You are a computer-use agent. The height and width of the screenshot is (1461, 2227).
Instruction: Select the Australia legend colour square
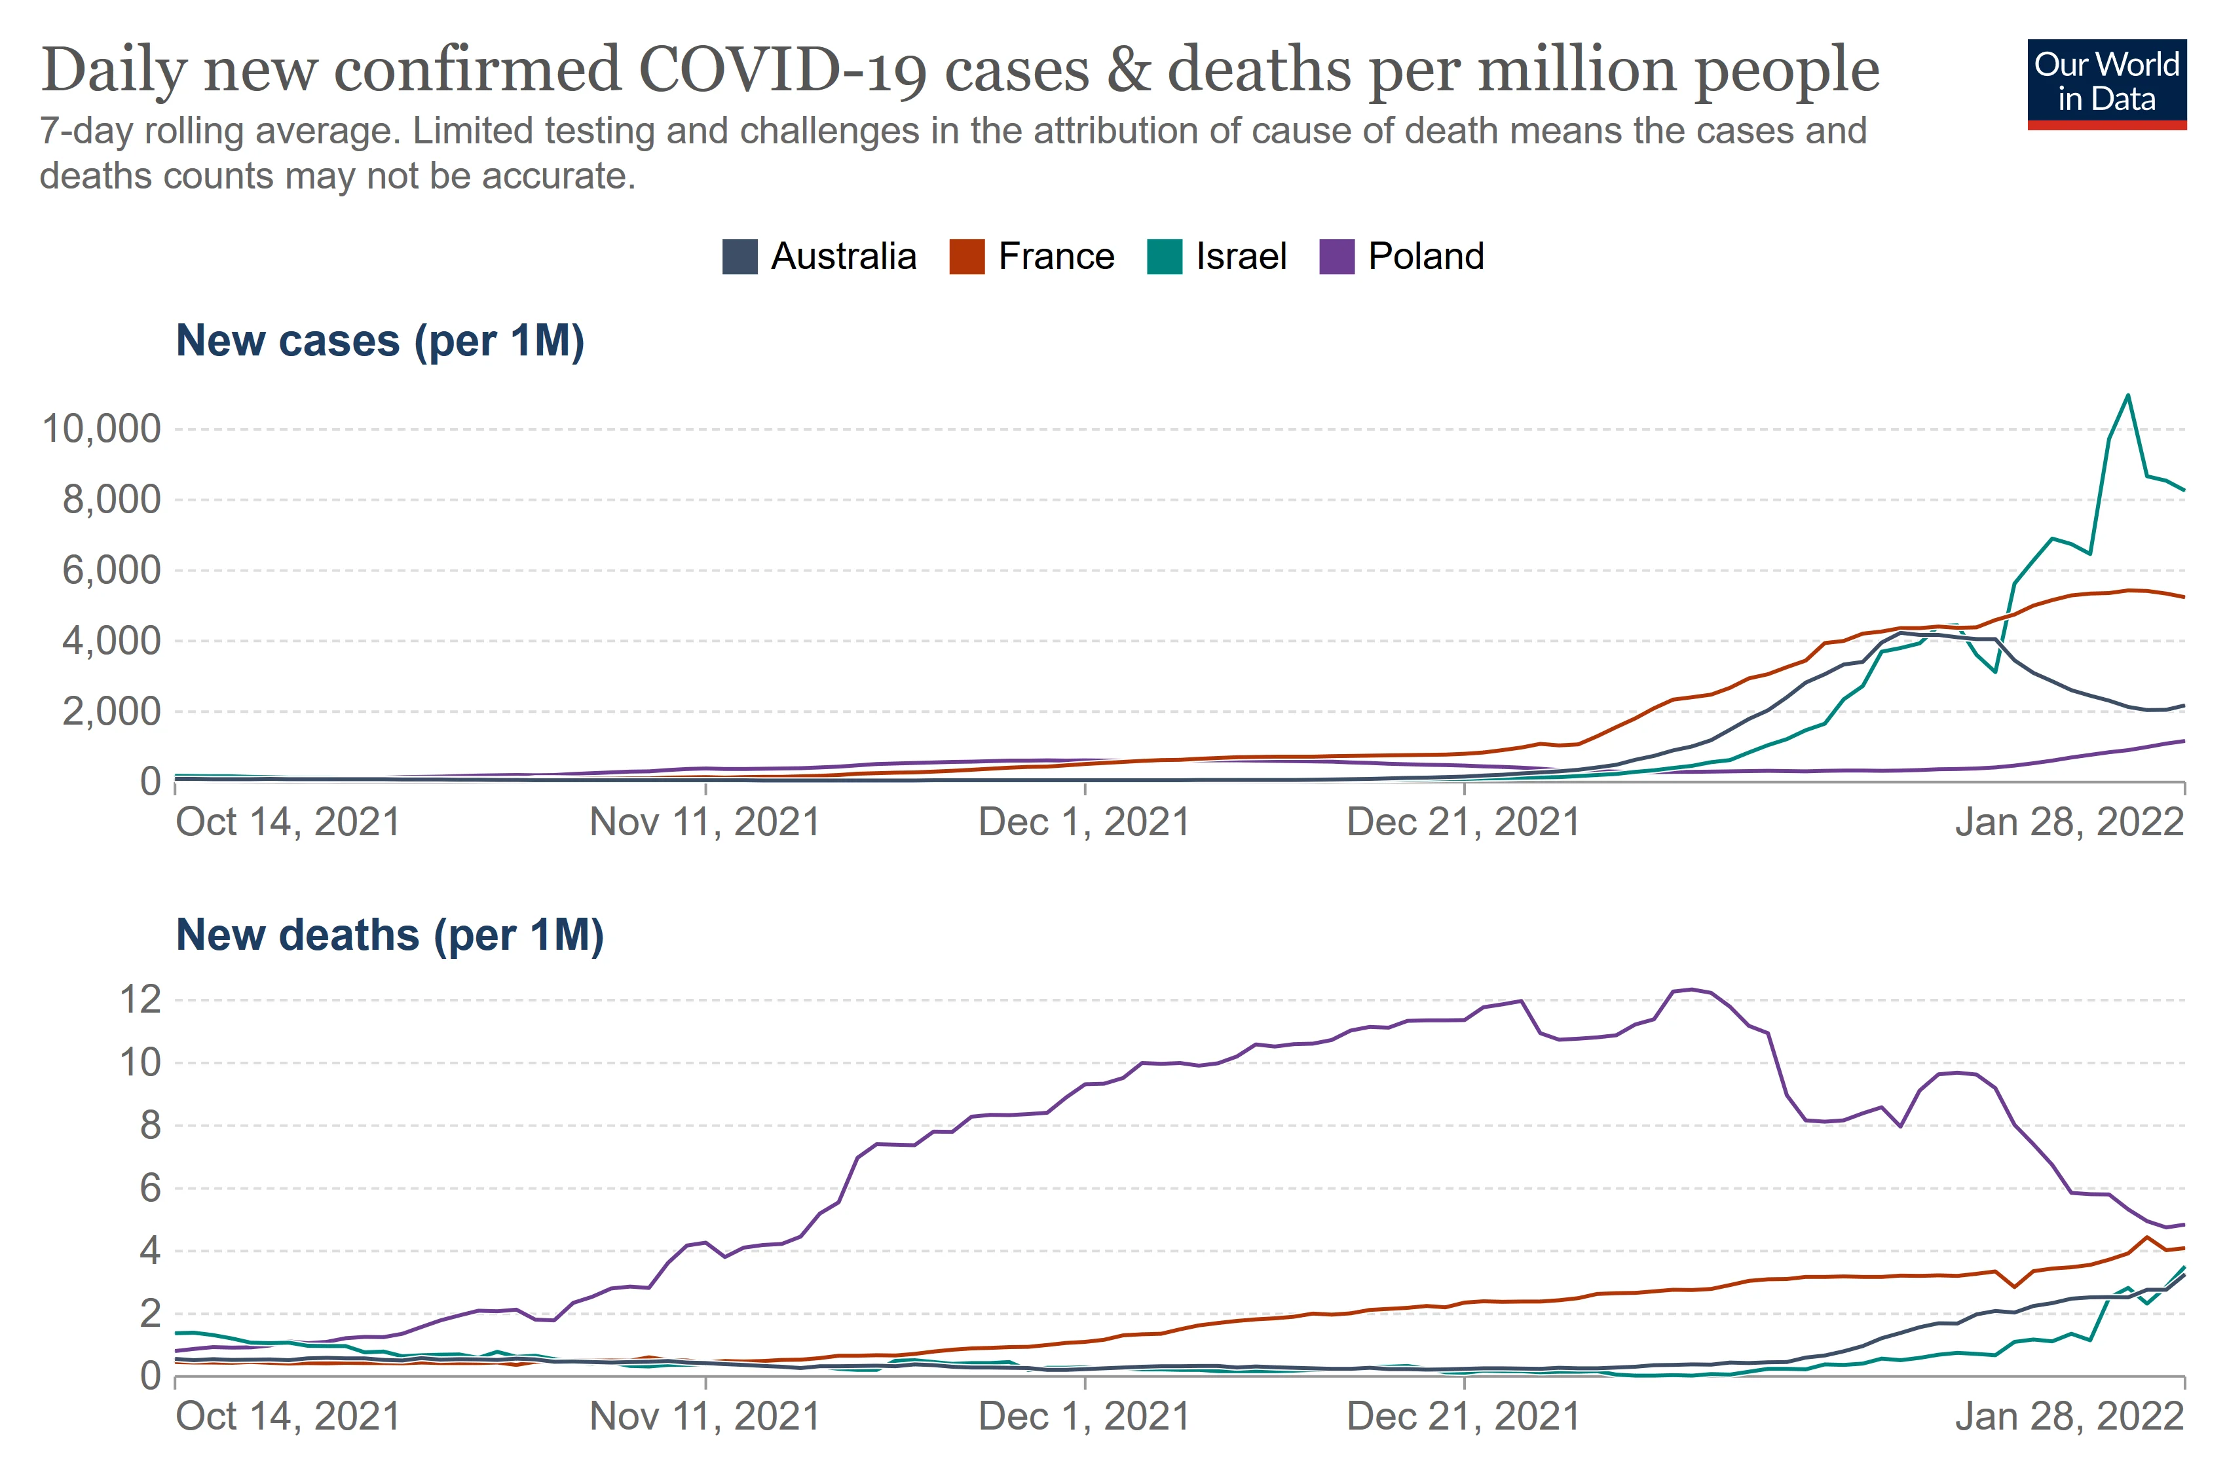[x=739, y=257]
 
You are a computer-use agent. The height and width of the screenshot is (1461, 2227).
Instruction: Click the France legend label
[x=1055, y=257]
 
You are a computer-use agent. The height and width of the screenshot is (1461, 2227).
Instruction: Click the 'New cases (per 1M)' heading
[x=380, y=340]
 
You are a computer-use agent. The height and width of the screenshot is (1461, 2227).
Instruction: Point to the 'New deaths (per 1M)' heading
[x=389, y=935]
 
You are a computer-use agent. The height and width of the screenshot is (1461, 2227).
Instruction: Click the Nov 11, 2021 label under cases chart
[x=705, y=822]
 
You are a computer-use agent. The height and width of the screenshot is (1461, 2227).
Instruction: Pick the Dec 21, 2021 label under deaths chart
[x=1463, y=1416]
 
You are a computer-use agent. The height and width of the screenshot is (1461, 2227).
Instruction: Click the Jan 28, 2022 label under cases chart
[x=2069, y=822]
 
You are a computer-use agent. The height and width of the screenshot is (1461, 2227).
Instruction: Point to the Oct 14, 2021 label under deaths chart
[x=288, y=1416]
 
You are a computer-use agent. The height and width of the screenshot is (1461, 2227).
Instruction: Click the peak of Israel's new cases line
[x=2129, y=395]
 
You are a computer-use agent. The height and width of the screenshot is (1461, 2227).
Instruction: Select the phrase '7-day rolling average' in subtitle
[x=220, y=131]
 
